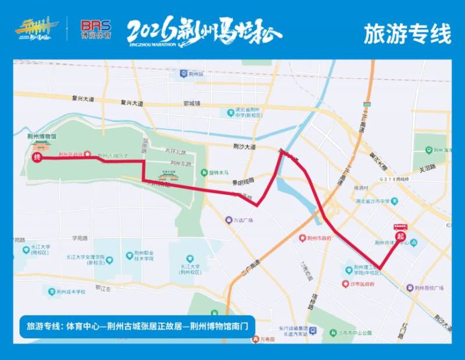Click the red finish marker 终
37,158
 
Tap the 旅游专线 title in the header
407,34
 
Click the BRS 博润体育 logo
96,29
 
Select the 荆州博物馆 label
42,136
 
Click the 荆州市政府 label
319,238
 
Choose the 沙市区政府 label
362,284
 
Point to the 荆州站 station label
196,74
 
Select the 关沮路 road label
427,170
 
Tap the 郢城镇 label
191,104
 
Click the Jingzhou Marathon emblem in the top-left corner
37,30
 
